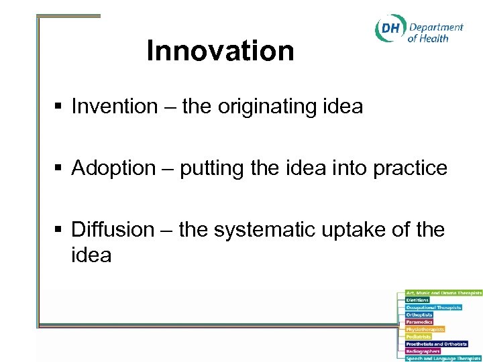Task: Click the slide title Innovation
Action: tap(220, 51)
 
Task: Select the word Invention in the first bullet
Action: tap(113, 106)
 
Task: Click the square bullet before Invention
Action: tap(59, 107)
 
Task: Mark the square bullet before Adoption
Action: tap(59, 168)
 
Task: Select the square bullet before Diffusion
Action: tap(59, 230)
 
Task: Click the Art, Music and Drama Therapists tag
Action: tap(443, 293)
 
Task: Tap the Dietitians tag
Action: tap(417, 300)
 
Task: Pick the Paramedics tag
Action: tap(419, 322)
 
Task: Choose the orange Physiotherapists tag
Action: tap(425, 329)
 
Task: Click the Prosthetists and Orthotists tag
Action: tap(436, 344)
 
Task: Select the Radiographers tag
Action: tap(423, 351)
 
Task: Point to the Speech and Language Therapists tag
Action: tap(443, 359)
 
